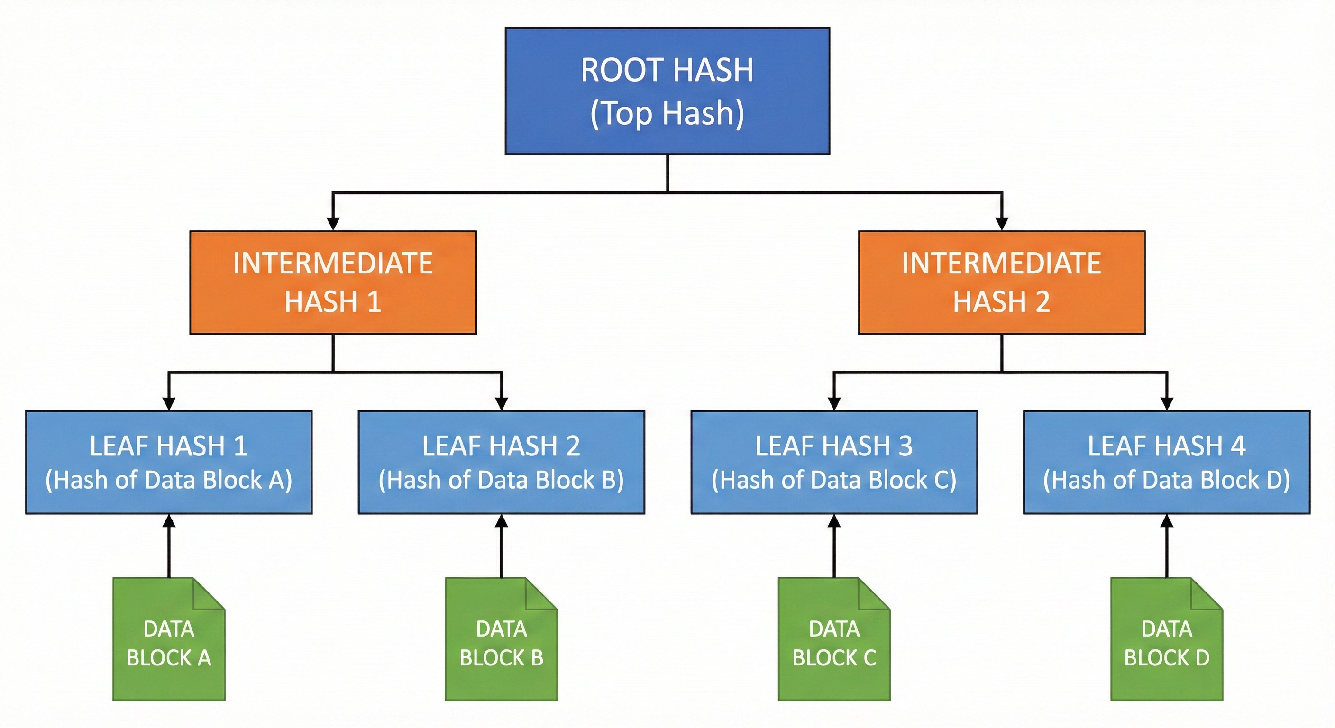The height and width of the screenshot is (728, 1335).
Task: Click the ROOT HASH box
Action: point(667,91)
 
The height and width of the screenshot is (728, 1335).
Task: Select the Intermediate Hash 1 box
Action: point(333,282)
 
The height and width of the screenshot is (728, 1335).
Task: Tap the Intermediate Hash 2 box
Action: point(1002,282)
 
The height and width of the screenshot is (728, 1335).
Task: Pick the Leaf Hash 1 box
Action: point(169,462)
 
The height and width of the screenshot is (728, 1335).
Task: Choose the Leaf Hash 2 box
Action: point(502,462)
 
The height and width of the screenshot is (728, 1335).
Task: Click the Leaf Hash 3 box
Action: point(834,462)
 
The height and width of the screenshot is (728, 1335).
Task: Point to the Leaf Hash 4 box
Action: point(1167,462)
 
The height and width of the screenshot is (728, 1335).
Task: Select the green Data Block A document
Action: point(169,639)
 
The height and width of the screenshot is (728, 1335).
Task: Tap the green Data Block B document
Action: point(502,639)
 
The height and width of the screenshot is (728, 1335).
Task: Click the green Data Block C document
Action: point(834,639)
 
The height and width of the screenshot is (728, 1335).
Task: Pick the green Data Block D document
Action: point(1167,639)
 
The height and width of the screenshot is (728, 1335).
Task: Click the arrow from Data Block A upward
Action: point(169,546)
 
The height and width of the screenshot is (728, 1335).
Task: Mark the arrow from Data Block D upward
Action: point(1167,546)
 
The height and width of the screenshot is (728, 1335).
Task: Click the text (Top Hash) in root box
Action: point(667,113)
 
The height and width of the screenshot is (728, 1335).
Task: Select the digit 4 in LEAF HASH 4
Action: point(1238,446)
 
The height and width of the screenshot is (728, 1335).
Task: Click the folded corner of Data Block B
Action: point(541,594)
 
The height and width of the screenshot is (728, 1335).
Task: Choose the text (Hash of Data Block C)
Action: point(834,480)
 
